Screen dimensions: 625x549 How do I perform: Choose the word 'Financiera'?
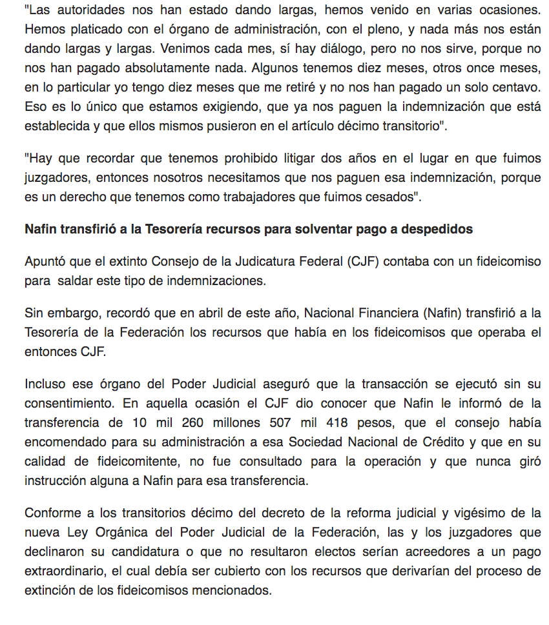click(x=382, y=313)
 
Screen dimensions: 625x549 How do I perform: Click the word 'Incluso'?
click(x=45, y=384)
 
